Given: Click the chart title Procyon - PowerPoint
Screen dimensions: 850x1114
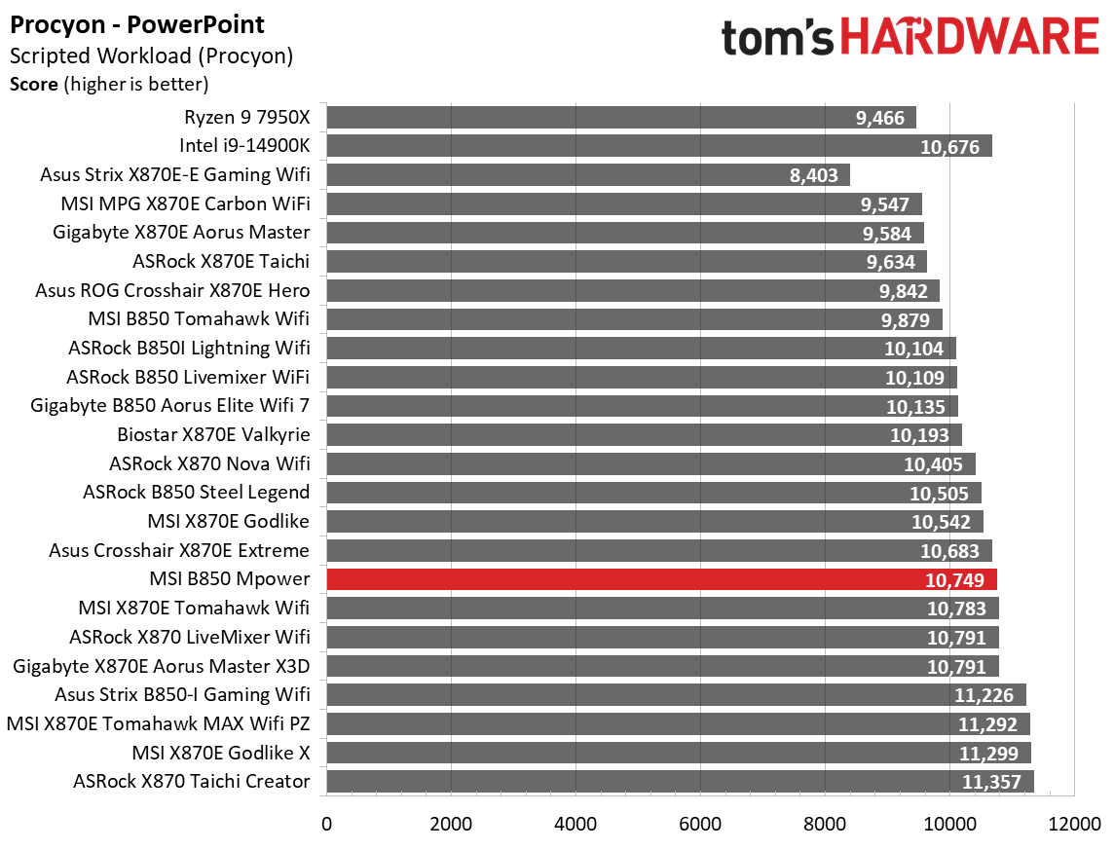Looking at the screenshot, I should [136, 23].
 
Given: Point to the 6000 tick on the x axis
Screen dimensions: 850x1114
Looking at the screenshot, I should [700, 823].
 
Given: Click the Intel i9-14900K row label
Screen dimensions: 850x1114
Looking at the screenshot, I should [244, 146].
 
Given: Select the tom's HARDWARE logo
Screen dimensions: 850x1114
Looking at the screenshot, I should [910, 39].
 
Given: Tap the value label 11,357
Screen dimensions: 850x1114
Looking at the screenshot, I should [994, 782].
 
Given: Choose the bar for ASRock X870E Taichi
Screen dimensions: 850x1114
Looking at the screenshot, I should [626, 262].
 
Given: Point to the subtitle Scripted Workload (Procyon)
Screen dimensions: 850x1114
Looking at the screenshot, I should [151, 56].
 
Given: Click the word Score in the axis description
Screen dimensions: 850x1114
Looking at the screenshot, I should [33, 84].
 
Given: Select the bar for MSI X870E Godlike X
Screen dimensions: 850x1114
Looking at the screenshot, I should [678, 753].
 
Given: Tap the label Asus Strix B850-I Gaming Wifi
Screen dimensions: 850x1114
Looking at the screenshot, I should [182, 694].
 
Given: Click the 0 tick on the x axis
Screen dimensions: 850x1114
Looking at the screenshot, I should [326, 823].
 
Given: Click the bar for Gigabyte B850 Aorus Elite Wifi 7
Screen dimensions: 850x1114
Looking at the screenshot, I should [642, 406].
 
